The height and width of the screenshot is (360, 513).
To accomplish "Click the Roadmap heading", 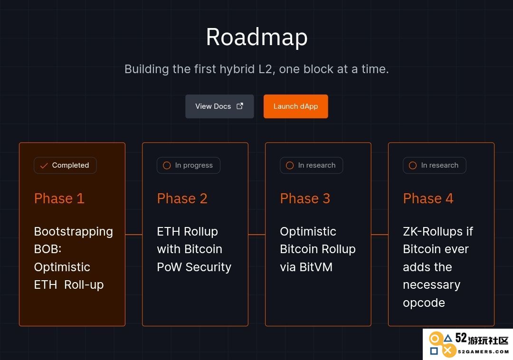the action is [x=257, y=37].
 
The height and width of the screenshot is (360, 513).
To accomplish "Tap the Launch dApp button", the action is [x=296, y=106].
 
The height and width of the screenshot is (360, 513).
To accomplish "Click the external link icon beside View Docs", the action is [x=240, y=106].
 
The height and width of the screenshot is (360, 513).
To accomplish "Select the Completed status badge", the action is [x=65, y=165].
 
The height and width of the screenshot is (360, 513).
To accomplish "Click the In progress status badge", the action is [x=189, y=165].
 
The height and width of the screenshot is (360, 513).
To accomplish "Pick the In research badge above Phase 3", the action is [x=312, y=165].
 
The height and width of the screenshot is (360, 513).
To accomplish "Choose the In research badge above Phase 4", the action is [x=435, y=165].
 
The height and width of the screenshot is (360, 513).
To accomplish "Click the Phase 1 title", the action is [x=59, y=199].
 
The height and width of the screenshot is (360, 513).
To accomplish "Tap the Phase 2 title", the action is [x=182, y=199].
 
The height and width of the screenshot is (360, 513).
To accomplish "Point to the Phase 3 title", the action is [x=305, y=199].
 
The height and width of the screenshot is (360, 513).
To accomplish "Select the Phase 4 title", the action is [x=428, y=199].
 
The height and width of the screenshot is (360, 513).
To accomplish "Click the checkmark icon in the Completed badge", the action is [x=44, y=166].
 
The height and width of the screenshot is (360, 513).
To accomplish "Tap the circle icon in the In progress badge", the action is [x=167, y=165].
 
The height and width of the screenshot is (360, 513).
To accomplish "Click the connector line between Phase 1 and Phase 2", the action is [x=134, y=235].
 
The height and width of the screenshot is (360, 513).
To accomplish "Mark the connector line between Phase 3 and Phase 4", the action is [x=380, y=235].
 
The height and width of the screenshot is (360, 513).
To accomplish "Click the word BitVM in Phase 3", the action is [x=316, y=267].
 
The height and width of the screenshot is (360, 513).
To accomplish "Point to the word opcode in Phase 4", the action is [x=424, y=303].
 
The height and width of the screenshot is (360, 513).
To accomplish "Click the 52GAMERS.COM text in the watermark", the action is [x=483, y=352].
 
